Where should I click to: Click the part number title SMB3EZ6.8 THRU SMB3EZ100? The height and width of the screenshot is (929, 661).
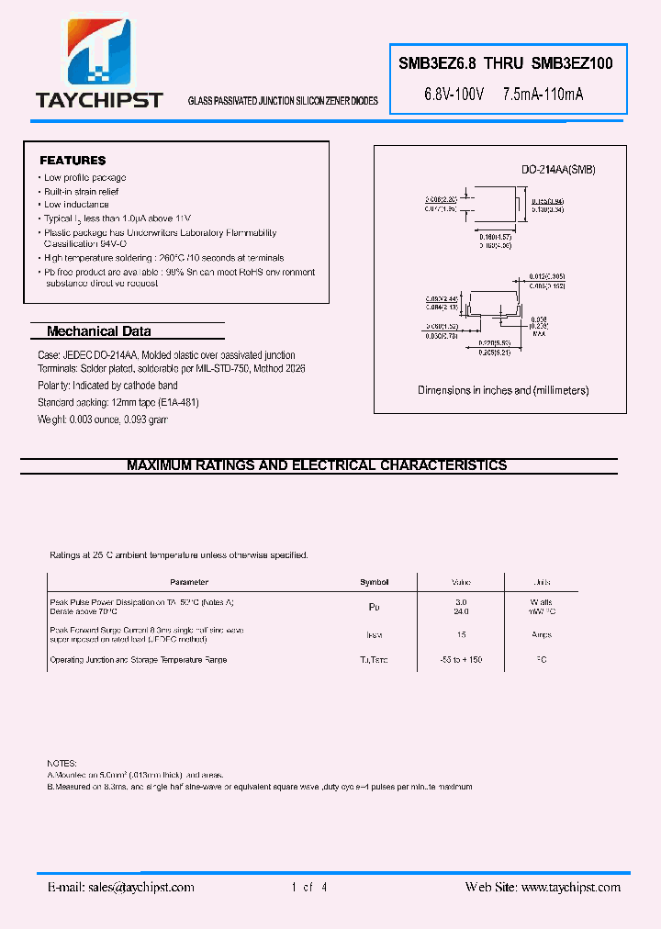coord(499,64)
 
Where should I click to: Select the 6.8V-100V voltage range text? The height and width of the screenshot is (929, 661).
coord(454,94)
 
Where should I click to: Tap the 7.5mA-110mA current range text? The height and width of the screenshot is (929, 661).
coord(543,94)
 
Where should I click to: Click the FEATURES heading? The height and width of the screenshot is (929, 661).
coord(73,161)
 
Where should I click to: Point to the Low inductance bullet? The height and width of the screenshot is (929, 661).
coord(76,205)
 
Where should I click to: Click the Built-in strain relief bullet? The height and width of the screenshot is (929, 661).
coord(81,191)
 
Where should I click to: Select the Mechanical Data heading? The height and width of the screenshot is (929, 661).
coord(98,331)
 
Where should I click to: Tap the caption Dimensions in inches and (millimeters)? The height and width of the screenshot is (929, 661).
coord(503,390)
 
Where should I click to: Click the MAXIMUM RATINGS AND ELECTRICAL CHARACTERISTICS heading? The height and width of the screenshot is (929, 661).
coord(317,465)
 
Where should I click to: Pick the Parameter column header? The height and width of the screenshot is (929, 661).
coord(189,582)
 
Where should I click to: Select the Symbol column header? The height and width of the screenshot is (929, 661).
coord(374,582)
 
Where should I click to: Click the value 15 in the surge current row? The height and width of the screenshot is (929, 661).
coord(461,634)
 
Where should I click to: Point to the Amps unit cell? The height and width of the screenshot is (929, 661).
coord(541,634)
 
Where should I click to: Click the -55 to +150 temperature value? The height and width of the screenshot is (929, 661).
coord(461,660)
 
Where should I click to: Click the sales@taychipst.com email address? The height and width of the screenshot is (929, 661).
coord(139,887)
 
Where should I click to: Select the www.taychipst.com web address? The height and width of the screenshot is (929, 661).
coord(568,887)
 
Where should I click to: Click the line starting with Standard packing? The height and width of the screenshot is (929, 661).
coord(118,402)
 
